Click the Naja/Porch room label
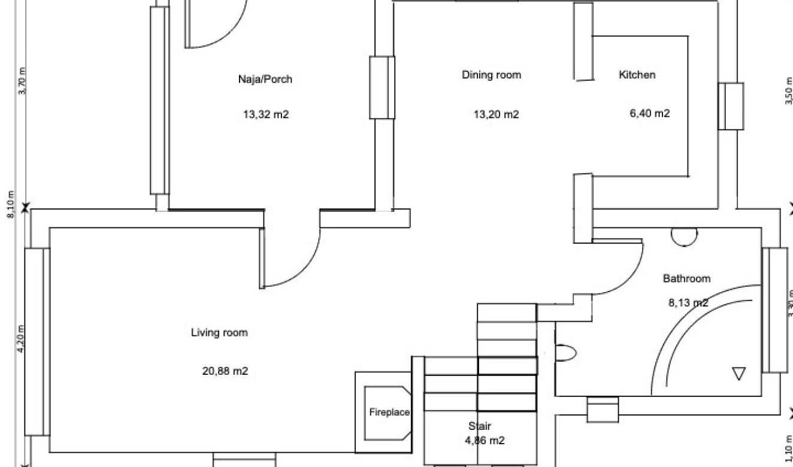point(265,79)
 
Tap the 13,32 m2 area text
point(265,115)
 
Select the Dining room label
point(491,75)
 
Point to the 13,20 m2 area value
point(496,114)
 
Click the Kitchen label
point(637,75)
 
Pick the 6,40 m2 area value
point(649,113)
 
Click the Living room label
point(219,332)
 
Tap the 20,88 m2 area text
point(225,371)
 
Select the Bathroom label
point(686,278)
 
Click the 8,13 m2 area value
point(688,303)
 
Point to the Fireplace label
point(389,413)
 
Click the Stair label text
point(480,426)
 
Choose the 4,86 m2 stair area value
point(485,441)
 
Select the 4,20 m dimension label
point(21,339)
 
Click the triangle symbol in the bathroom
point(738,374)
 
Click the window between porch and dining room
point(382,87)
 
